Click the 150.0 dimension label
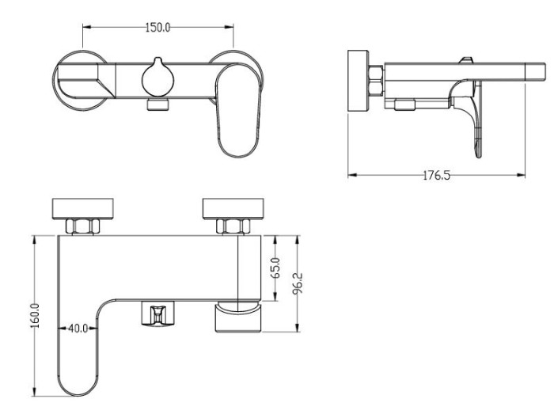pyautogui.click(x=157, y=28)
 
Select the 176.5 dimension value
pyautogui.click(x=437, y=175)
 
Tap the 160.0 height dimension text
pyautogui.click(x=36, y=316)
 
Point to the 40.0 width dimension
pyautogui.click(x=78, y=329)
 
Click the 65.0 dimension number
pyautogui.click(x=276, y=268)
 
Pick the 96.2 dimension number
pyautogui.click(x=298, y=283)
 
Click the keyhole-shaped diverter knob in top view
pyautogui.click(x=157, y=77)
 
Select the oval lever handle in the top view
pyautogui.click(x=238, y=110)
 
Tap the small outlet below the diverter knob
pyautogui.click(x=157, y=105)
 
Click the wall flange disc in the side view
pyautogui.click(x=359, y=81)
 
